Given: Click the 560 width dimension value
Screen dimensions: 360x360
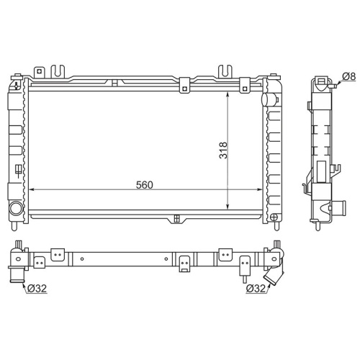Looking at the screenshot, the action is tap(144, 185).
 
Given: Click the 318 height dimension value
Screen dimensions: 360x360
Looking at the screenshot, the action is tap(223, 150).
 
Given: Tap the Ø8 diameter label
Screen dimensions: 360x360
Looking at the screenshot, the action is tap(348, 76).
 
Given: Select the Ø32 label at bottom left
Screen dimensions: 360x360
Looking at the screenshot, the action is tap(37, 289).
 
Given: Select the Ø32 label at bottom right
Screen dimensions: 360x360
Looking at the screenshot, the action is tap(256, 289).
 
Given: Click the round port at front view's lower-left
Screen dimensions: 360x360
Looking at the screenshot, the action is tap(17, 207).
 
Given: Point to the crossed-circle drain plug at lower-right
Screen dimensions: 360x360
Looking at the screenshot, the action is tap(274, 217).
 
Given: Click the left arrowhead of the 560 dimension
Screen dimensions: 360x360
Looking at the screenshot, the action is tap(32, 189).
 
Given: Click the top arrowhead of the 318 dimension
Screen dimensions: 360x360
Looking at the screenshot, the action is tap(228, 95).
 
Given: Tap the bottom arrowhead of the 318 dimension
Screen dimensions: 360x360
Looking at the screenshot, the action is tap(228, 207).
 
